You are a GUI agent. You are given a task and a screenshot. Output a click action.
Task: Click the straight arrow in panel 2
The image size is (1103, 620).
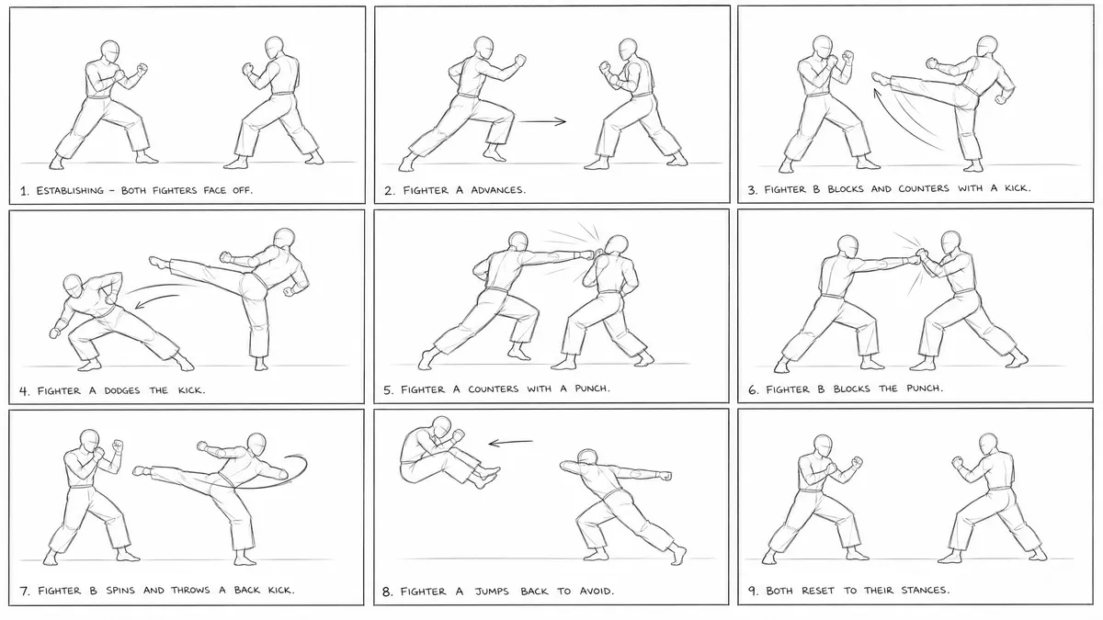click(542, 121)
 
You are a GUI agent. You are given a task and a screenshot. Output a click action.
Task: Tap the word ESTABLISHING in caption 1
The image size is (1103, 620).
click(70, 190)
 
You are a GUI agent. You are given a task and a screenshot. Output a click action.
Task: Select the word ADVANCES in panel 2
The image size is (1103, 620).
click(498, 190)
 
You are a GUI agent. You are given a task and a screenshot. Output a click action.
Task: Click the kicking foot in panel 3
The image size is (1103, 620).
click(880, 78)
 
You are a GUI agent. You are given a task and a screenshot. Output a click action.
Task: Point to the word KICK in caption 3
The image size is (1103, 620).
click(1018, 188)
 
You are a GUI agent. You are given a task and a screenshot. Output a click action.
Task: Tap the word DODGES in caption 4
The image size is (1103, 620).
click(121, 390)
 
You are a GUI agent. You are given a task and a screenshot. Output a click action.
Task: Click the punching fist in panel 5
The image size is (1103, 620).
click(587, 255)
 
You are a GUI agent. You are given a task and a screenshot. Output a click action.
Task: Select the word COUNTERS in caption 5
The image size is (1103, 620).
click(493, 389)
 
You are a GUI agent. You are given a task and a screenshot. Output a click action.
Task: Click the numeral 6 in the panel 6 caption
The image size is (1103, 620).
click(753, 390)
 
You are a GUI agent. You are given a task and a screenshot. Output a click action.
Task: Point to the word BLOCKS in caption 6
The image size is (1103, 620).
click(852, 389)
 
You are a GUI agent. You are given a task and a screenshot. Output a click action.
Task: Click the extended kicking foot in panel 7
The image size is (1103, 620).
click(142, 471)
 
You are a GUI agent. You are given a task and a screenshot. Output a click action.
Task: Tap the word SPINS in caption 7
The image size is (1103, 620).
click(120, 590)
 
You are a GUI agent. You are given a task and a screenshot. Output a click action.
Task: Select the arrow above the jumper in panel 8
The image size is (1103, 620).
click(511, 443)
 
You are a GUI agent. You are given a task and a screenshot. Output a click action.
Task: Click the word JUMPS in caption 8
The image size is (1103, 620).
click(492, 591)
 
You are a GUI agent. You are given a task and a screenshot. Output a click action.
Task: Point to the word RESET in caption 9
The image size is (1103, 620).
click(817, 590)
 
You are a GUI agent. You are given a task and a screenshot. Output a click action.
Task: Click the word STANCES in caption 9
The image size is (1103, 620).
click(926, 590)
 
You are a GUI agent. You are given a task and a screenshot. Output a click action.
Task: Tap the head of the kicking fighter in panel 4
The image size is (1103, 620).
click(285, 239)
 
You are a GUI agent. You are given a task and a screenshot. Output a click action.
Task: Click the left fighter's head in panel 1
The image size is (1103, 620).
click(109, 51)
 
